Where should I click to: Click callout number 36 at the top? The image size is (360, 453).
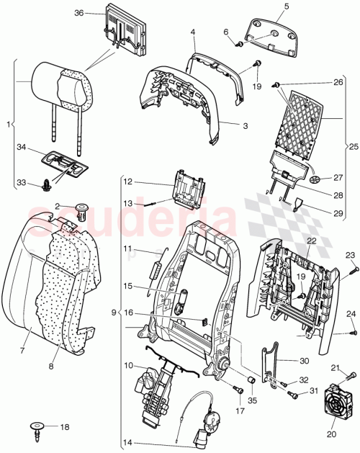[x=79, y=13]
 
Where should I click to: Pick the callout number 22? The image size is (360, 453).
[x=311, y=241]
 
